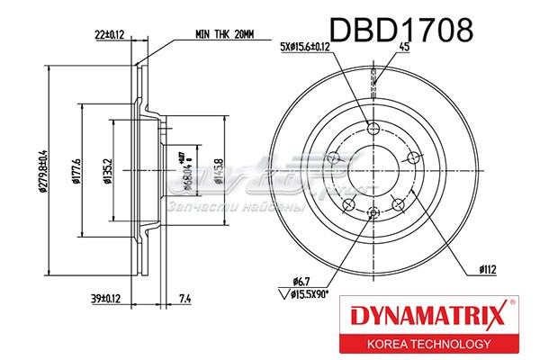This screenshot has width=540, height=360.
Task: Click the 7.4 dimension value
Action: click(184, 298)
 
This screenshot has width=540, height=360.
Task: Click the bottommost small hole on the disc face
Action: click(373, 212)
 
